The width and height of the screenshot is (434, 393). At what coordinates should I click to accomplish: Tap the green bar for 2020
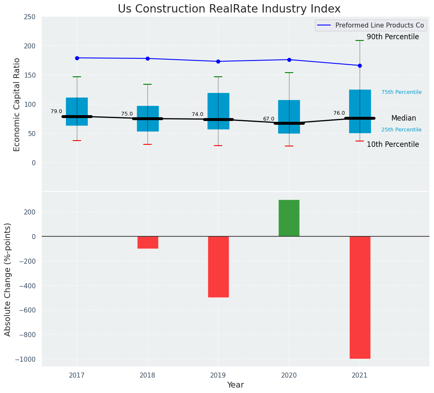click(289, 218)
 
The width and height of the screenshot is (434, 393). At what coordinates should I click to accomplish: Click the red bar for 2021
click(360, 297)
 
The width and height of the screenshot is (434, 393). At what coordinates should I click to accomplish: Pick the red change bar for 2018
click(147, 242)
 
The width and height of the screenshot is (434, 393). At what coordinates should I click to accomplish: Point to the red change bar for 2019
click(218, 267)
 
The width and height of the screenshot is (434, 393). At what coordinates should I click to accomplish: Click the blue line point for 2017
click(77, 58)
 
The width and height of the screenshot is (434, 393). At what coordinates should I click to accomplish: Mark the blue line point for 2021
click(360, 65)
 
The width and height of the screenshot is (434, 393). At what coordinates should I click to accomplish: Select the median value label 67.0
click(269, 119)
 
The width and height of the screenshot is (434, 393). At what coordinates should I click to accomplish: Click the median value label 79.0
click(56, 111)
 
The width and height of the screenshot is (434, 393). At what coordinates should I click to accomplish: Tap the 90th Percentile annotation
click(393, 37)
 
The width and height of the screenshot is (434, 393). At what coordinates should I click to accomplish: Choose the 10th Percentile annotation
click(393, 144)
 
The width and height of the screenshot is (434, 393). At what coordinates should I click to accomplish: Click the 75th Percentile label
click(401, 92)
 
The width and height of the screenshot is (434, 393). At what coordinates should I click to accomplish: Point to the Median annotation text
click(404, 118)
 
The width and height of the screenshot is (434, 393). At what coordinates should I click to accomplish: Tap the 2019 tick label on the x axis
click(218, 375)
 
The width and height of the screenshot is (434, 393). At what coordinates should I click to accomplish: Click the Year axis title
click(236, 385)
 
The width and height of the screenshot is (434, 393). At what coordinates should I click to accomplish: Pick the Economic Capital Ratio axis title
click(17, 104)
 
